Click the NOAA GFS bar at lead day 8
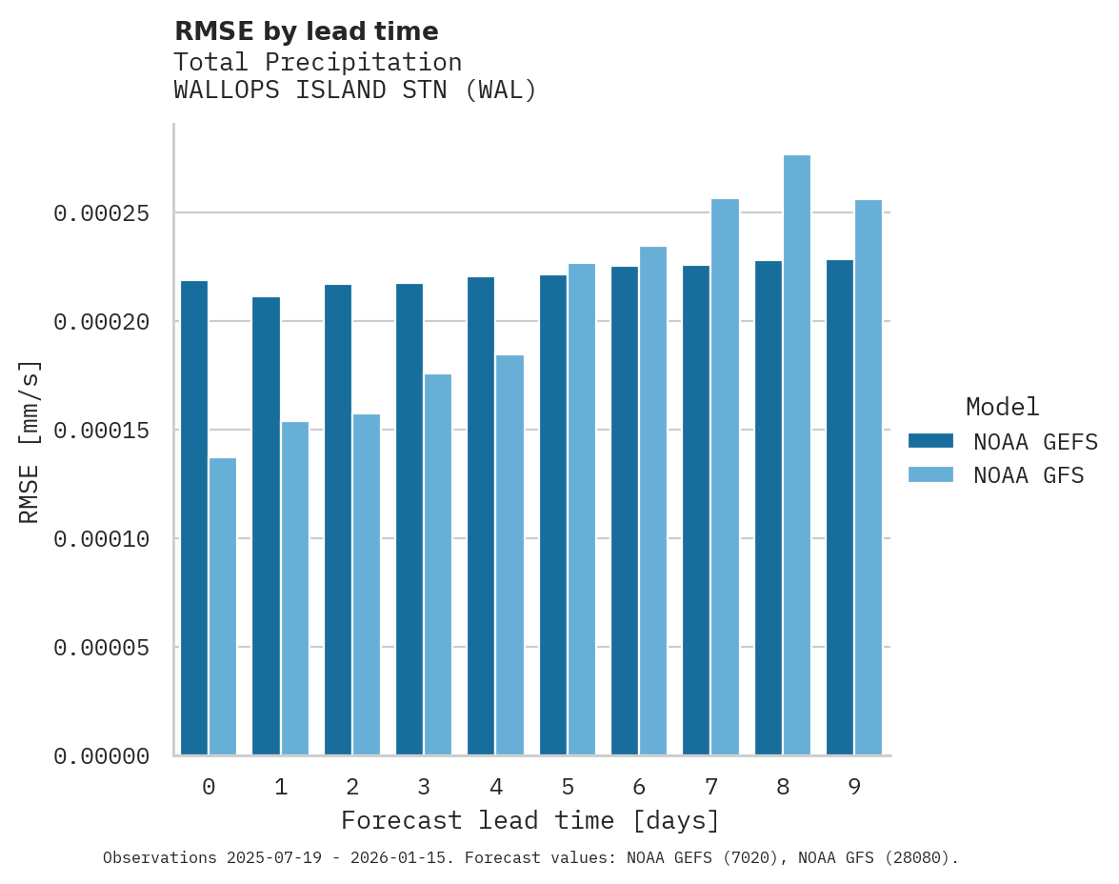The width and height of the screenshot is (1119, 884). pos(797,455)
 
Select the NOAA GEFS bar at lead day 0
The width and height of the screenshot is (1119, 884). pos(194,518)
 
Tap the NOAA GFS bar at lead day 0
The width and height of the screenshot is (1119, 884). pos(223,607)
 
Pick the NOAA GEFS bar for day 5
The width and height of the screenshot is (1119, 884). pos(553,515)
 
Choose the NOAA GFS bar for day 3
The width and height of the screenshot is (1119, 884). pos(438,565)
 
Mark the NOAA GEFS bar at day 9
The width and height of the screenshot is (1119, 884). pos(840,508)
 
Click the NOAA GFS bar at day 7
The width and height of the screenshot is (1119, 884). pos(725,477)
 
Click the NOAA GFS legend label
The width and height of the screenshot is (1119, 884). pos(1029,475)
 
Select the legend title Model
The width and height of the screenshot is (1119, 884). pos(1002,407)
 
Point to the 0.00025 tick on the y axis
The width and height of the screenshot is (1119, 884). pos(102,213)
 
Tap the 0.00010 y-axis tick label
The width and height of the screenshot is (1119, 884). pos(102,539)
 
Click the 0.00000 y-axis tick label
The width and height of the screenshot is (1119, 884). pos(102,756)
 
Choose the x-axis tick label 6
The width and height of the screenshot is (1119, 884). pos(639,788)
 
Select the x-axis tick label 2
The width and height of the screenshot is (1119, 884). pos(352,788)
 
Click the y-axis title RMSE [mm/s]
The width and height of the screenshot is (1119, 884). pos(30,441)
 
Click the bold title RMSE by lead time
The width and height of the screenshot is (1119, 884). pos(306,31)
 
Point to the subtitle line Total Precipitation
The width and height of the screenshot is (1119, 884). pos(317,62)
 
